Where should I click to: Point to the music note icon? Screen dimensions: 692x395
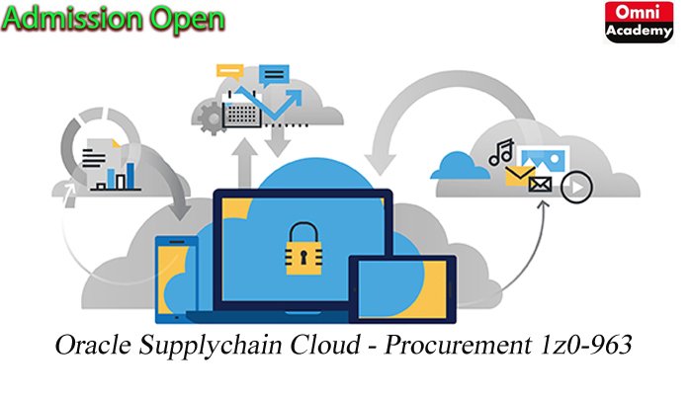[x=501, y=151]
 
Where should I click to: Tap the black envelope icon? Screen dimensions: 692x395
[x=540, y=185]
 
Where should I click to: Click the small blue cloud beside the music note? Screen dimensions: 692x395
[x=459, y=162]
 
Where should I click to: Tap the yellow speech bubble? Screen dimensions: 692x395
[x=230, y=71]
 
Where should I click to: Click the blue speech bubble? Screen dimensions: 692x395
[x=274, y=73]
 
